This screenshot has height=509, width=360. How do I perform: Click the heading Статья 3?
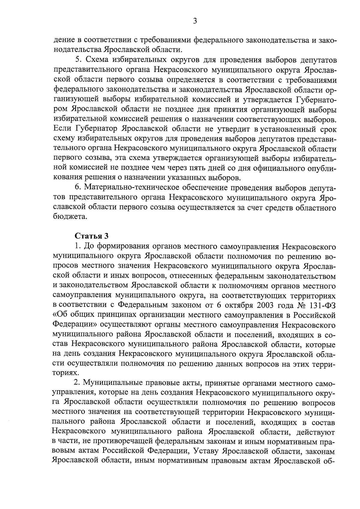click(x=89, y=235)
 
